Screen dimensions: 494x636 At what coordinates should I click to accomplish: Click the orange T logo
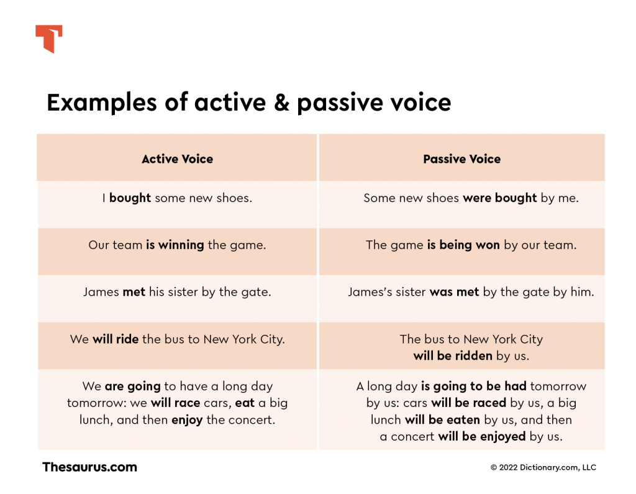click(49, 39)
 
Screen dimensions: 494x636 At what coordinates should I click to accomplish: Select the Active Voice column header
click(177, 159)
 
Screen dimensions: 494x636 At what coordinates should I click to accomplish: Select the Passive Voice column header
click(461, 159)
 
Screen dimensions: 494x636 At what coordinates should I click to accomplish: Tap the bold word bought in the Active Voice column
click(130, 198)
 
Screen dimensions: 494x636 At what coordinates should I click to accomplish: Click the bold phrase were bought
click(499, 198)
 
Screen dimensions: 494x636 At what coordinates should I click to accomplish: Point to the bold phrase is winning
click(175, 245)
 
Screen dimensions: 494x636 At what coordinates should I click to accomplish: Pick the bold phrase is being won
click(463, 245)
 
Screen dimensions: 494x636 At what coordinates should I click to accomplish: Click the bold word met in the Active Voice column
click(134, 292)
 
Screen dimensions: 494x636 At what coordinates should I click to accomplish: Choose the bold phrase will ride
click(116, 339)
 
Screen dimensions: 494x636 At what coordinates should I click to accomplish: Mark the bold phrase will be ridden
click(453, 356)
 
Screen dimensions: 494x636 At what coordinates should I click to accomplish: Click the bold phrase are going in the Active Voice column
click(132, 387)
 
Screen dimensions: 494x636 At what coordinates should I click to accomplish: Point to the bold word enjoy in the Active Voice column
click(187, 419)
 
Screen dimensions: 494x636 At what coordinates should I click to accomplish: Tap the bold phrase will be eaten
click(442, 419)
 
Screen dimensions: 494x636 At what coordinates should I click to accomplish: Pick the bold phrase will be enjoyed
click(481, 436)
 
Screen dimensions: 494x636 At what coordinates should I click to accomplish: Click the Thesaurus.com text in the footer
click(89, 467)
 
